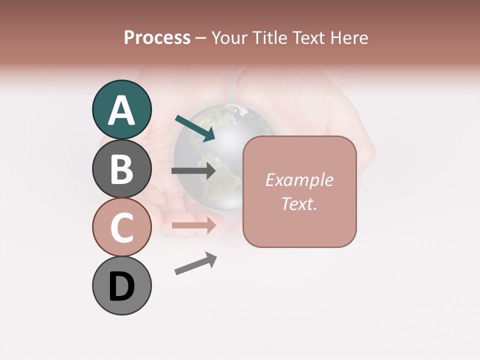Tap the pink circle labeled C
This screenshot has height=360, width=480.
[121, 227]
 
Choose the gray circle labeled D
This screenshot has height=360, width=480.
[121, 285]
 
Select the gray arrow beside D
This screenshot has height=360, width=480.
[195, 263]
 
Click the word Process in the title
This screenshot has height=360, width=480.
[157, 38]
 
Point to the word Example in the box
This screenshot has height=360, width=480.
[299, 180]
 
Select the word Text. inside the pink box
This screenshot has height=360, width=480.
[299, 203]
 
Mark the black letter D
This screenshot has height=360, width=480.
[121, 286]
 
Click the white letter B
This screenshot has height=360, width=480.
[121, 169]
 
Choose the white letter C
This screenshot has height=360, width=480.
[121, 227]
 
